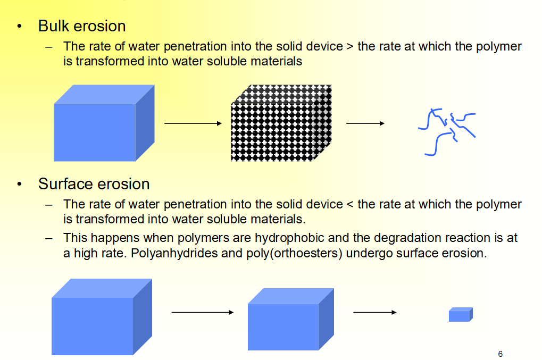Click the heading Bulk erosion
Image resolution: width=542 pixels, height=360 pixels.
pos(82,26)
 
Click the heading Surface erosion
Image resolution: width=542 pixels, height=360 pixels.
pos(94,184)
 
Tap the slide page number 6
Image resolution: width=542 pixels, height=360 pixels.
pos(500,354)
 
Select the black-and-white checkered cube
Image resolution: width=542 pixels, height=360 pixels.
pos(281,123)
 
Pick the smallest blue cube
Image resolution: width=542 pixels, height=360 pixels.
pos(461,315)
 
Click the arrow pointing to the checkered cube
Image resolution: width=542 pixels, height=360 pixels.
pos(193,124)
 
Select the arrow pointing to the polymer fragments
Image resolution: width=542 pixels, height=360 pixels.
pos(365,124)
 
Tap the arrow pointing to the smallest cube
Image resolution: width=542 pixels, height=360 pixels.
pos(374,312)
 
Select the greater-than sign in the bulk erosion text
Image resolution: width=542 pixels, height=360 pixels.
pos(349,47)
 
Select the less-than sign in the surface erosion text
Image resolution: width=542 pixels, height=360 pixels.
pos(349,204)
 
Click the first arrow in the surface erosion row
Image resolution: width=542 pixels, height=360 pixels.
pos(202,312)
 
